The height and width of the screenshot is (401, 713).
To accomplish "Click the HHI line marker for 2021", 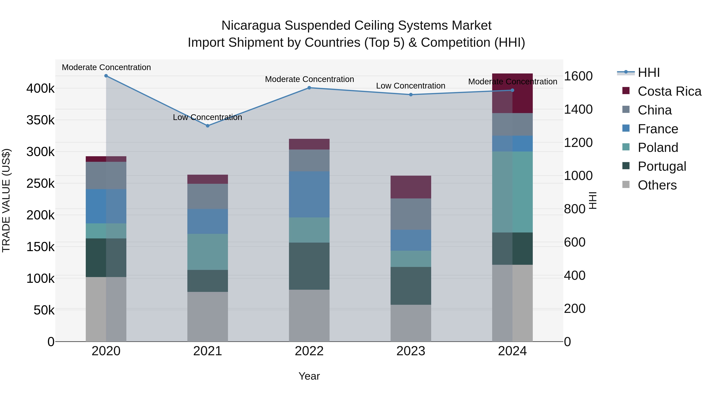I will click(x=208, y=126).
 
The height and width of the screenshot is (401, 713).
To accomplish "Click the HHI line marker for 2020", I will click(x=106, y=76).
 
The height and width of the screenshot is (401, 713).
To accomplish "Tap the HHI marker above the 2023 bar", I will click(x=411, y=95).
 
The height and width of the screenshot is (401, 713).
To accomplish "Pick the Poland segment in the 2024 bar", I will click(x=512, y=192).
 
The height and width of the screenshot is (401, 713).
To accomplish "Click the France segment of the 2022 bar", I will click(x=309, y=194).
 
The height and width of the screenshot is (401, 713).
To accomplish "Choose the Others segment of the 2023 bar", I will click(x=411, y=323).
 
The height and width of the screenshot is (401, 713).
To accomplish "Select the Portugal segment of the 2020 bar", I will click(x=106, y=258).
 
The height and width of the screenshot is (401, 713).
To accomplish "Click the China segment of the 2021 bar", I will click(x=208, y=196).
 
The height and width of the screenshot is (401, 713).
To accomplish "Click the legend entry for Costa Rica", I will click(x=669, y=91).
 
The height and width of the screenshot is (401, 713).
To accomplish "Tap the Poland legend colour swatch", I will click(x=626, y=147).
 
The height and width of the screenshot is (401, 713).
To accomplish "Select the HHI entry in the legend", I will click(x=648, y=72).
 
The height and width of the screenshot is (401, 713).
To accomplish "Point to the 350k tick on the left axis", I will click(x=40, y=120).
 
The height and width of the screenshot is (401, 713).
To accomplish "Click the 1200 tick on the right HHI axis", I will click(x=578, y=143).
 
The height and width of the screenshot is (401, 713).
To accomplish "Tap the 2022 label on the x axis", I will click(x=309, y=351).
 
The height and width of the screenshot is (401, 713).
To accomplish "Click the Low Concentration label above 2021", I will click(x=207, y=117).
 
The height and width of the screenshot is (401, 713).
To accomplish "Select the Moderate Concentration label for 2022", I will click(x=309, y=79).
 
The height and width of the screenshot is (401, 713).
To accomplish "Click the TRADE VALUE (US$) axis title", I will click(x=6, y=200).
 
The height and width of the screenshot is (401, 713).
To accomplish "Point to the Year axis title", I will click(x=309, y=376).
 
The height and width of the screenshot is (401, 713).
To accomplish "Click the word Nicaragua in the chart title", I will click(x=251, y=26).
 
